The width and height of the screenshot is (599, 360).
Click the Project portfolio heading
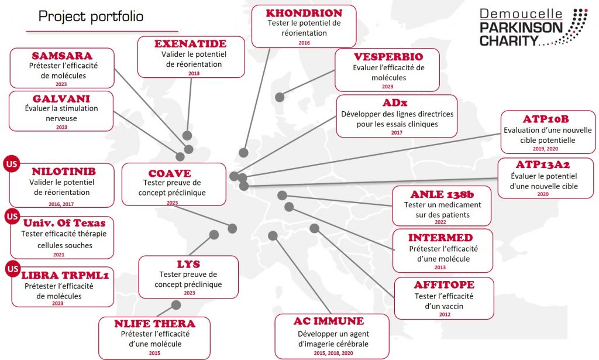tap(91, 16)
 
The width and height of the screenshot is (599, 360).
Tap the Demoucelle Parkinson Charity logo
tap(533, 27)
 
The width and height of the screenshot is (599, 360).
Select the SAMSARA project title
tap(62, 56)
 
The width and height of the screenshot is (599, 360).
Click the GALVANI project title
tap(61, 98)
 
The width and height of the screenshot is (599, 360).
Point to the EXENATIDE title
tap(190, 43)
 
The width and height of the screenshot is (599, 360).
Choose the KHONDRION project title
tap(304, 13)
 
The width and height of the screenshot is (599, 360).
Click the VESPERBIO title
tap(388, 57)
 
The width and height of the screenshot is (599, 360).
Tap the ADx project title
tap(395, 103)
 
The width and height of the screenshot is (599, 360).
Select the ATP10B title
tap(546, 119)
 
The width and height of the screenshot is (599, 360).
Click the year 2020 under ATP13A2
tap(543, 194)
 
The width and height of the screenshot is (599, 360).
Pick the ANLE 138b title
tap(442, 194)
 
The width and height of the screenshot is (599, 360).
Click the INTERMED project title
tap(440, 238)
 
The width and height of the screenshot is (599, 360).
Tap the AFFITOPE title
tap(444, 284)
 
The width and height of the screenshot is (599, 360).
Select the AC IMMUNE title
tap(329, 321)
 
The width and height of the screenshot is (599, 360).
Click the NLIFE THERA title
tap(154, 324)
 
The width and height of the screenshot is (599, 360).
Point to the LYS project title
tap(188, 264)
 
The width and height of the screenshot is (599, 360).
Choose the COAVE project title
tap(170, 173)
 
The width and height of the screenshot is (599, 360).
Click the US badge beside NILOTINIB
tap(12, 164)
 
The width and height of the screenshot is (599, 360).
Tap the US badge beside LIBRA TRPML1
tap(13, 269)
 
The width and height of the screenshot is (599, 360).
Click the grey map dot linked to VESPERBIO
tap(280, 97)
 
